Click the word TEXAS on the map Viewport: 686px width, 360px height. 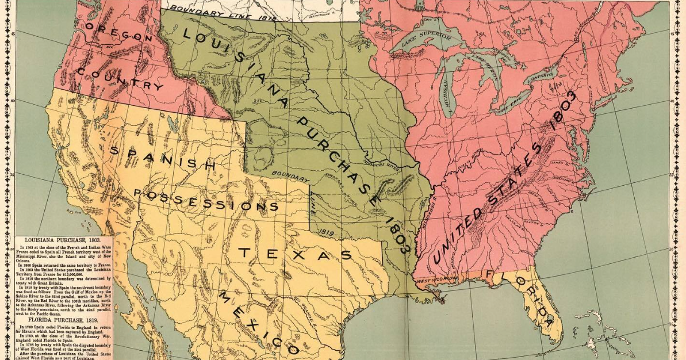(x=295, y=253)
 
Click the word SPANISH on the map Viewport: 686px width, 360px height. (x=162, y=158)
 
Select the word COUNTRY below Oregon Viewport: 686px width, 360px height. (x=120, y=79)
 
